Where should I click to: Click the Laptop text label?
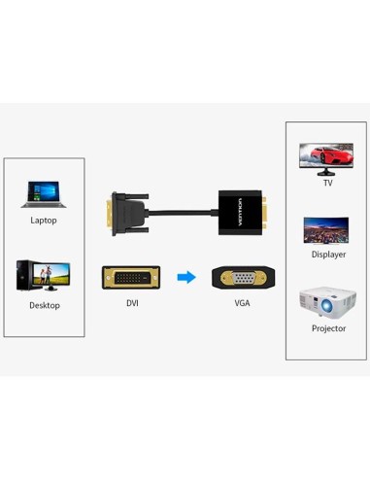point(44,221)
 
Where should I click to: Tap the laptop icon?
point(43,192)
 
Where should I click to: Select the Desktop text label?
point(44,305)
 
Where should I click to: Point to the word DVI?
point(132,303)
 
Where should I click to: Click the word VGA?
point(242,303)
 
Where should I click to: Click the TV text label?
point(327,183)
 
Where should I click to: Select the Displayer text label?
point(328,255)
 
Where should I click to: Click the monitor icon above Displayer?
point(326,230)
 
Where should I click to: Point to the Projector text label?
point(328,328)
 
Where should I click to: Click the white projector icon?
point(327,301)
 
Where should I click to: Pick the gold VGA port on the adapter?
point(264,209)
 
